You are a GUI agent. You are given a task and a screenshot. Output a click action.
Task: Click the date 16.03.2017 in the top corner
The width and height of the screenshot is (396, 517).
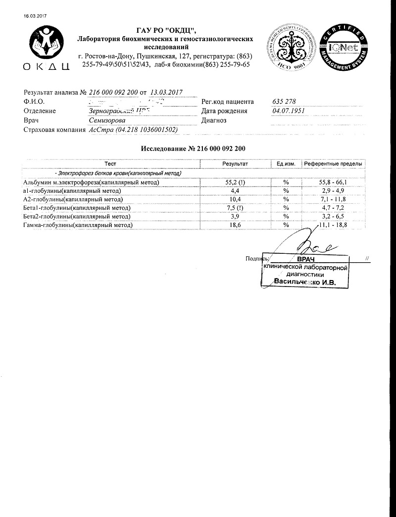(x=34, y=16)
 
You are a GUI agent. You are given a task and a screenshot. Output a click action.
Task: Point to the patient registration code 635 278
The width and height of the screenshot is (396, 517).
(x=284, y=102)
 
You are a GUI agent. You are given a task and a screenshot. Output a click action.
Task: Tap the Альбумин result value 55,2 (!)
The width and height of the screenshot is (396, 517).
(x=235, y=182)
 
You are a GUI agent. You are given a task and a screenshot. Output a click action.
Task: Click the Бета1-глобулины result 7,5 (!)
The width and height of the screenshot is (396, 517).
(x=235, y=208)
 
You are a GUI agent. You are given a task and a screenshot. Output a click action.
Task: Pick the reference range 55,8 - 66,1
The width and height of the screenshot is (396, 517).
(x=333, y=182)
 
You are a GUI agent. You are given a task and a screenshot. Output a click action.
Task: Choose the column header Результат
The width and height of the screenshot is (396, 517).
(x=235, y=164)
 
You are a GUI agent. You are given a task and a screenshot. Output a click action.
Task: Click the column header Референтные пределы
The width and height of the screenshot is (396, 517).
(x=333, y=164)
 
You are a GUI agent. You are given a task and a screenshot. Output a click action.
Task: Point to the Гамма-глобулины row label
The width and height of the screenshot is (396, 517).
(x=78, y=225)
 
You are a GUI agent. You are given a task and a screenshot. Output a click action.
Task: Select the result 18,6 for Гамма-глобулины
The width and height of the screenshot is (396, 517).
(x=235, y=225)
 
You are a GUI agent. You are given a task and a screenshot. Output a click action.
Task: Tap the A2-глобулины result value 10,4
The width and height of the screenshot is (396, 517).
(x=235, y=199)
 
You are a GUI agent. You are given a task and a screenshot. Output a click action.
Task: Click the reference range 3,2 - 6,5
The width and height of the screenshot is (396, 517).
(x=333, y=217)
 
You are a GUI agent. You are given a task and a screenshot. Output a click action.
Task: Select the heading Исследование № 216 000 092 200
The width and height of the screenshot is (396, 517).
(x=193, y=149)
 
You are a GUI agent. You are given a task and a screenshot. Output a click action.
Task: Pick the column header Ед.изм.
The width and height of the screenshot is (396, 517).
(x=286, y=164)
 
